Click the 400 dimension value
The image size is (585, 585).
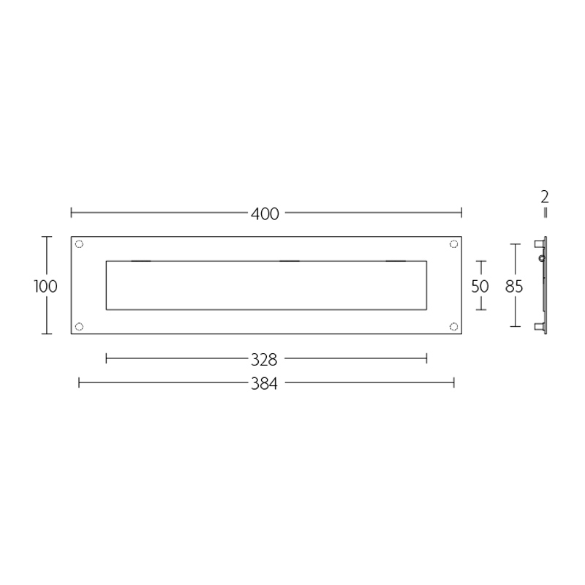pyautogui.click(x=265, y=214)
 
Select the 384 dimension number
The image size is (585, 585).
pyautogui.click(x=265, y=382)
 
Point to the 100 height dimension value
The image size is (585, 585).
pyautogui.click(x=45, y=286)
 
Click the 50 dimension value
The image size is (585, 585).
pyautogui.click(x=480, y=286)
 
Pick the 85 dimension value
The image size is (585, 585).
pyautogui.click(x=514, y=286)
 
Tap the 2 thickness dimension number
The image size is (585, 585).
pyautogui.click(x=545, y=197)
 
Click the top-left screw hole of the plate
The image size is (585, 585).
pyautogui.click(x=80, y=244)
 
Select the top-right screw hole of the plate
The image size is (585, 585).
pyautogui.click(x=453, y=244)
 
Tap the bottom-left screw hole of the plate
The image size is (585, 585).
pyautogui.click(x=80, y=326)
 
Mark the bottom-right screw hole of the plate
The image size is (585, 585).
pyautogui.click(x=453, y=326)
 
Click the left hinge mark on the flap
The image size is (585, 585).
pyautogui.click(x=140, y=261)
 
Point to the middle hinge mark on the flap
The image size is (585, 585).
pyautogui.click(x=290, y=261)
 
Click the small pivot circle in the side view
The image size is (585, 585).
pyautogui.click(x=541, y=258)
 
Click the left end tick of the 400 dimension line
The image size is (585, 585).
pyautogui.click(x=71, y=214)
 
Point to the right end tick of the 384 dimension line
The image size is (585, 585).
pyautogui.click(x=454, y=382)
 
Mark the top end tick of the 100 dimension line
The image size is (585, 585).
pyautogui.click(x=47, y=237)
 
